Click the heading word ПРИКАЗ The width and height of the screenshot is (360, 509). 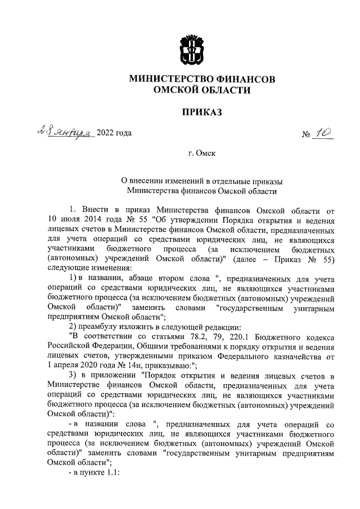[202, 113]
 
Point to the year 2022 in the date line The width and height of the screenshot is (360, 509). [106, 133]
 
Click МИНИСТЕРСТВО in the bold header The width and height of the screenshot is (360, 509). [169, 80]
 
